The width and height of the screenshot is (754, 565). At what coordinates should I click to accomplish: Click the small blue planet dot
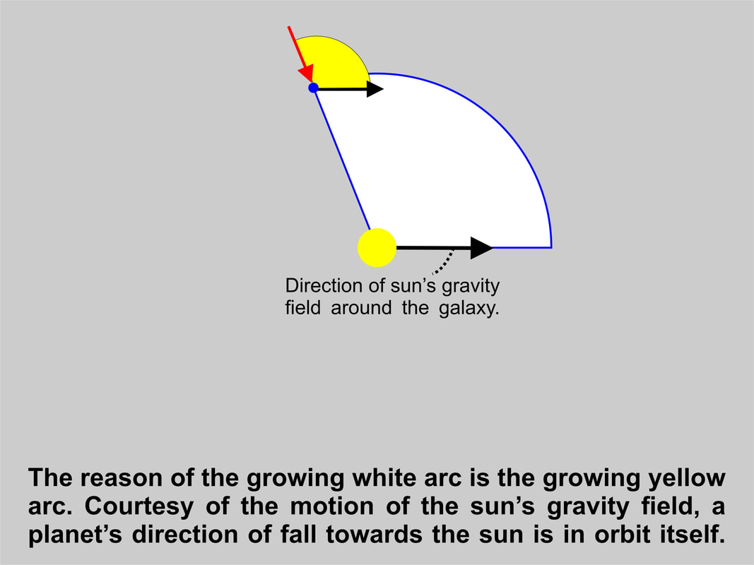click(314, 88)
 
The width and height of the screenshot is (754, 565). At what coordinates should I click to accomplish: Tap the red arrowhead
click(306, 73)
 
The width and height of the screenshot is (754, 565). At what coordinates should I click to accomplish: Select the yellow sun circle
click(377, 247)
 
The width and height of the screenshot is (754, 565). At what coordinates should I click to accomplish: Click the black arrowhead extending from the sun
click(481, 248)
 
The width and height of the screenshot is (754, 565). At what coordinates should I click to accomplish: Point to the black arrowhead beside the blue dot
click(375, 89)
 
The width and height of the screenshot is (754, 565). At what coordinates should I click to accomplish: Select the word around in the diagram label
click(361, 307)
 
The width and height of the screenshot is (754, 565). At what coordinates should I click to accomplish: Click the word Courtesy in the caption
click(139, 506)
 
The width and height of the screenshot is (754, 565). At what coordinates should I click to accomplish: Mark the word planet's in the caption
click(75, 535)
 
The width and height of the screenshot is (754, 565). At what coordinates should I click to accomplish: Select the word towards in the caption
click(375, 535)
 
